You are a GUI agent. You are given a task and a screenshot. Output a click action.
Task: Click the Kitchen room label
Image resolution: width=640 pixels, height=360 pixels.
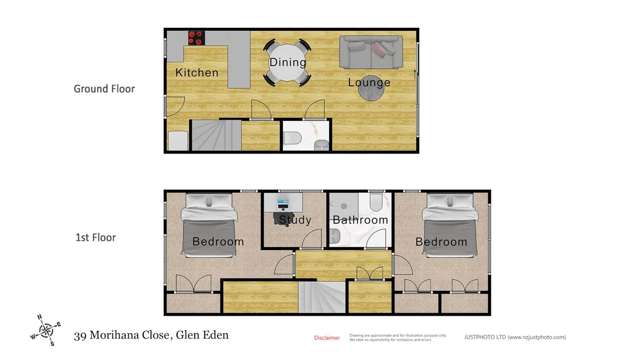[x=197, y=73]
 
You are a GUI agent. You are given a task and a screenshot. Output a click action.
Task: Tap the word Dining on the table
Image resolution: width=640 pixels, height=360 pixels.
[x=287, y=63]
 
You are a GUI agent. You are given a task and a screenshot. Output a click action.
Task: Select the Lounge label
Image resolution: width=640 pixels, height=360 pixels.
[x=369, y=82]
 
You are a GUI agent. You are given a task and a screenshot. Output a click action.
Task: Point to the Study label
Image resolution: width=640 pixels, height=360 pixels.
[x=295, y=220]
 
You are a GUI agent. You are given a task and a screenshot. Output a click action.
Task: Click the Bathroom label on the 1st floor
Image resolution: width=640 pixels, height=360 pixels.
[x=360, y=220]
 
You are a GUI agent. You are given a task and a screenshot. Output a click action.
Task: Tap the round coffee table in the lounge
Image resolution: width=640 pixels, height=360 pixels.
[x=376, y=91]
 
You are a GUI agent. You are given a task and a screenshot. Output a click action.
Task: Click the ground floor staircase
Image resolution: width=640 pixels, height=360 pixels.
[x=215, y=134]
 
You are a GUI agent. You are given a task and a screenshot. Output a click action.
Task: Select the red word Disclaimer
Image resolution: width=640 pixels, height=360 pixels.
[x=327, y=338]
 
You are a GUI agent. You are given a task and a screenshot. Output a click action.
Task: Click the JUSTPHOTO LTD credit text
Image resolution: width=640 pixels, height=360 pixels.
[x=530, y=338]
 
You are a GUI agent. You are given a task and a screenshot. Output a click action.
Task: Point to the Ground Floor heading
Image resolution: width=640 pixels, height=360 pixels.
[x=104, y=89]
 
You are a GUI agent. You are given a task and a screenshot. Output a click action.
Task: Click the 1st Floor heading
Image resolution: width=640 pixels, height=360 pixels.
[x=96, y=238]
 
